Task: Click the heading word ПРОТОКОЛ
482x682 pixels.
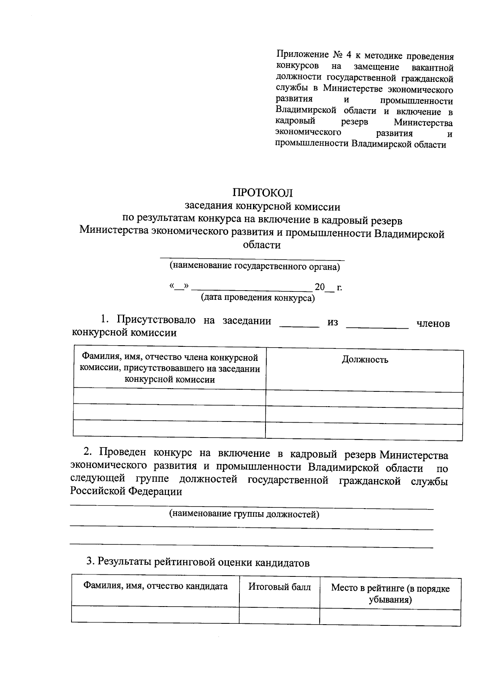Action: pyautogui.click(x=263, y=193)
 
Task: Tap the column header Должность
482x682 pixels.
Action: pyautogui.click(x=365, y=360)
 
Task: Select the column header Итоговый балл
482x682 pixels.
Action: pyautogui.click(x=280, y=587)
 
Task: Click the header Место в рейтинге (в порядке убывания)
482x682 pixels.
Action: pyautogui.click(x=390, y=594)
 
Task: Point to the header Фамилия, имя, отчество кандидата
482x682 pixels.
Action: pyautogui.click(x=155, y=586)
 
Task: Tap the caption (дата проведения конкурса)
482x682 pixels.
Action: pyautogui.click(x=257, y=298)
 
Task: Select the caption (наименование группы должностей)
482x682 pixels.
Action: pyautogui.click(x=244, y=514)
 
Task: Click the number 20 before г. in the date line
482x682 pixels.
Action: pyautogui.click(x=320, y=287)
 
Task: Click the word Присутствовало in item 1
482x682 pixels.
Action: pyautogui.click(x=156, y=320)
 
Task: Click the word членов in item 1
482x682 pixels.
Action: pyautogui.click(x=433, y=323)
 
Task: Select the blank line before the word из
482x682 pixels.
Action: pyautogui.click(x=299, y=326)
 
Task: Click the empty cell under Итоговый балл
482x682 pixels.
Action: pyautogui.click(x=280, y=615)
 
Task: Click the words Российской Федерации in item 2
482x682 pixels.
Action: pyautogui.click(x=126, y=492)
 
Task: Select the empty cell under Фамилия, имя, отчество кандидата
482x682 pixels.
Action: pyautogui.click(x=155, y=614)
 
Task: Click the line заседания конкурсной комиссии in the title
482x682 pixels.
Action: pyautogui.click(x=262, y=207)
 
